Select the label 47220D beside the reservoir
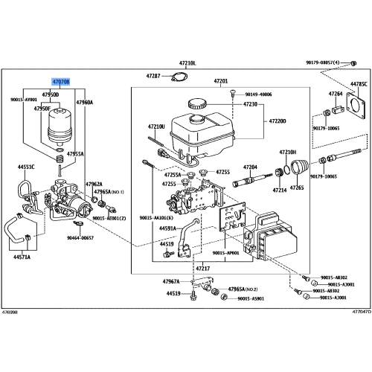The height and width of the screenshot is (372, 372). pyautogui.click(x=278, y=121)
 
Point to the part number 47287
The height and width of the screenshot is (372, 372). pyautogui.click(x=153, y=77)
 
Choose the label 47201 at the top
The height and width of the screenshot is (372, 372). pyautogui.click(x=221, y=80)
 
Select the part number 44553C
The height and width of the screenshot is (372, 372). pyautogui.click(x=28, y=167)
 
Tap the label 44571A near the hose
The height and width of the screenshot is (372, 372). pyautogui.click(x=22, y=257)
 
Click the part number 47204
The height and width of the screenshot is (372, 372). pyautogui.click(x=251, y=167)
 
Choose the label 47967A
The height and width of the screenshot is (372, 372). pyautogui.click(x=172, y=281)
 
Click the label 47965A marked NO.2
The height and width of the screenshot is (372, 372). pyautogui.click(x=242, y=289)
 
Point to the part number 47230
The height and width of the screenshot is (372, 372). pyautogui.click(x=249, y=105)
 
